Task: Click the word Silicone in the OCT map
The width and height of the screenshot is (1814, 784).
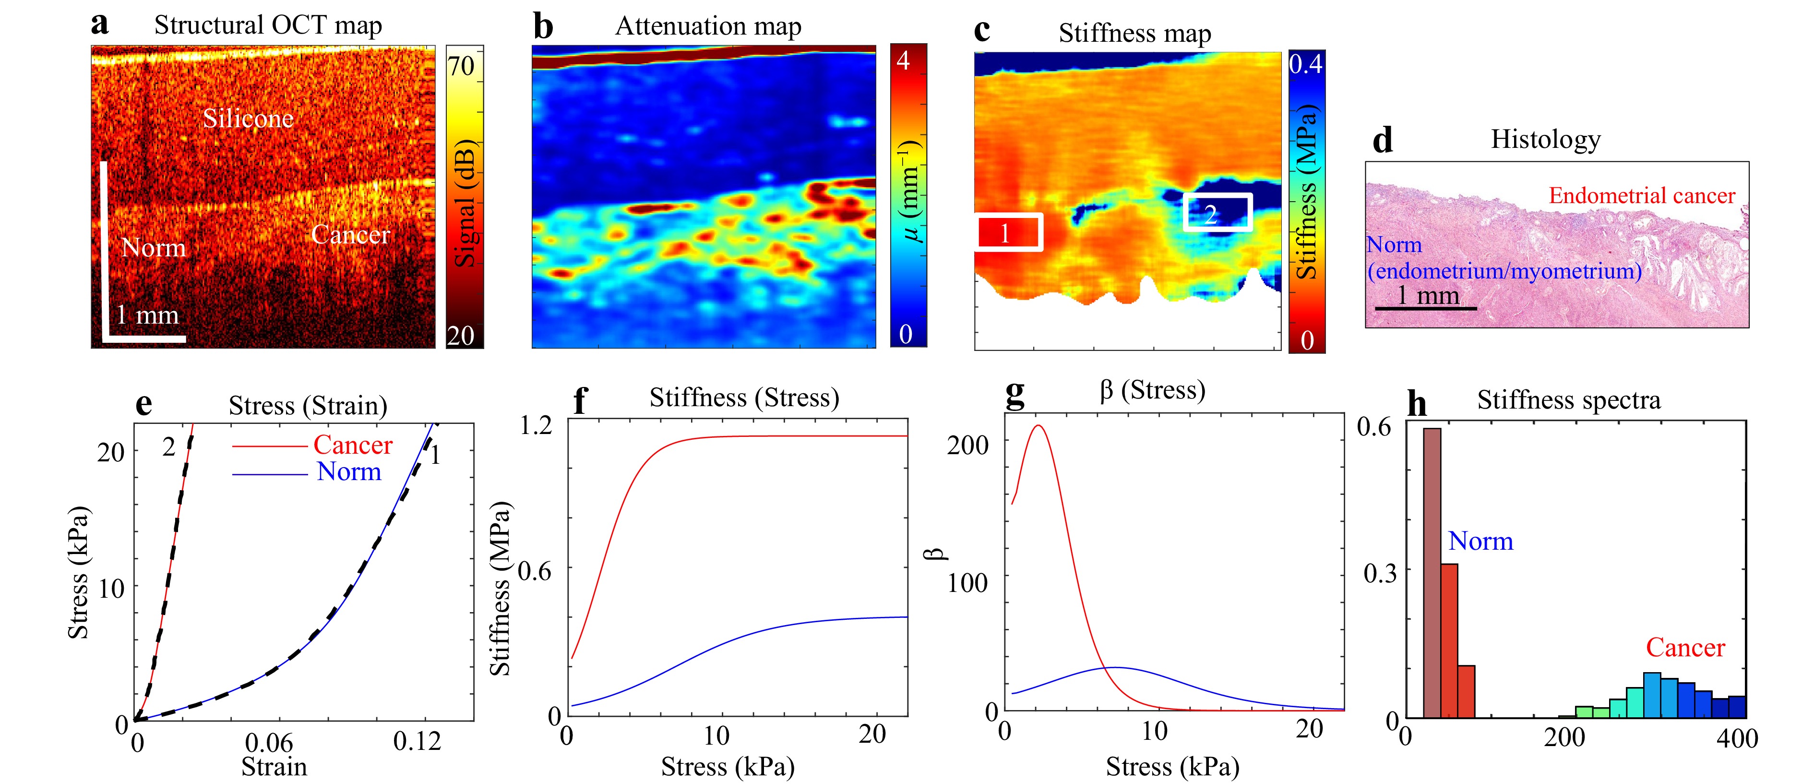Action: [x=248, y=118]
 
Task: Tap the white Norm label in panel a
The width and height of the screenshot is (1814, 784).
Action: [x=154, y=248]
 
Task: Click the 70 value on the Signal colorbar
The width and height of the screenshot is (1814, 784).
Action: [x=462, y=66]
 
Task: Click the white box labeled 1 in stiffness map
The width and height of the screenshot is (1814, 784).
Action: [x=1008, y=232]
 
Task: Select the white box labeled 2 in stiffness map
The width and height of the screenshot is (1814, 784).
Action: [x=1217, y=213]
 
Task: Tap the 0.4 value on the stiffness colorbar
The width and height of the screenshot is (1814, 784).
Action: [x=1306, y=65]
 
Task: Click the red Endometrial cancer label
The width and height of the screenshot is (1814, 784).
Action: [x=1641, y=196]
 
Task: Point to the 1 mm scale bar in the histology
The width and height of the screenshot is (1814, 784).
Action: [x=1426, y=308]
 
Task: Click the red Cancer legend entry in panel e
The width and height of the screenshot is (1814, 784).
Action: [x=352, y=445]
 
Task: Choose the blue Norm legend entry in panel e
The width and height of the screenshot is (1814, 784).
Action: [x=348, y=472]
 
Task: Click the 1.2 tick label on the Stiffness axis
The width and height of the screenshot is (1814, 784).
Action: [x=535, y=425]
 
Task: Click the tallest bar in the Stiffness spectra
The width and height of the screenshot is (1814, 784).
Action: [x=1432, y=572]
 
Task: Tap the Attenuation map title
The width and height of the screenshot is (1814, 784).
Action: [x=708, y=26]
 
